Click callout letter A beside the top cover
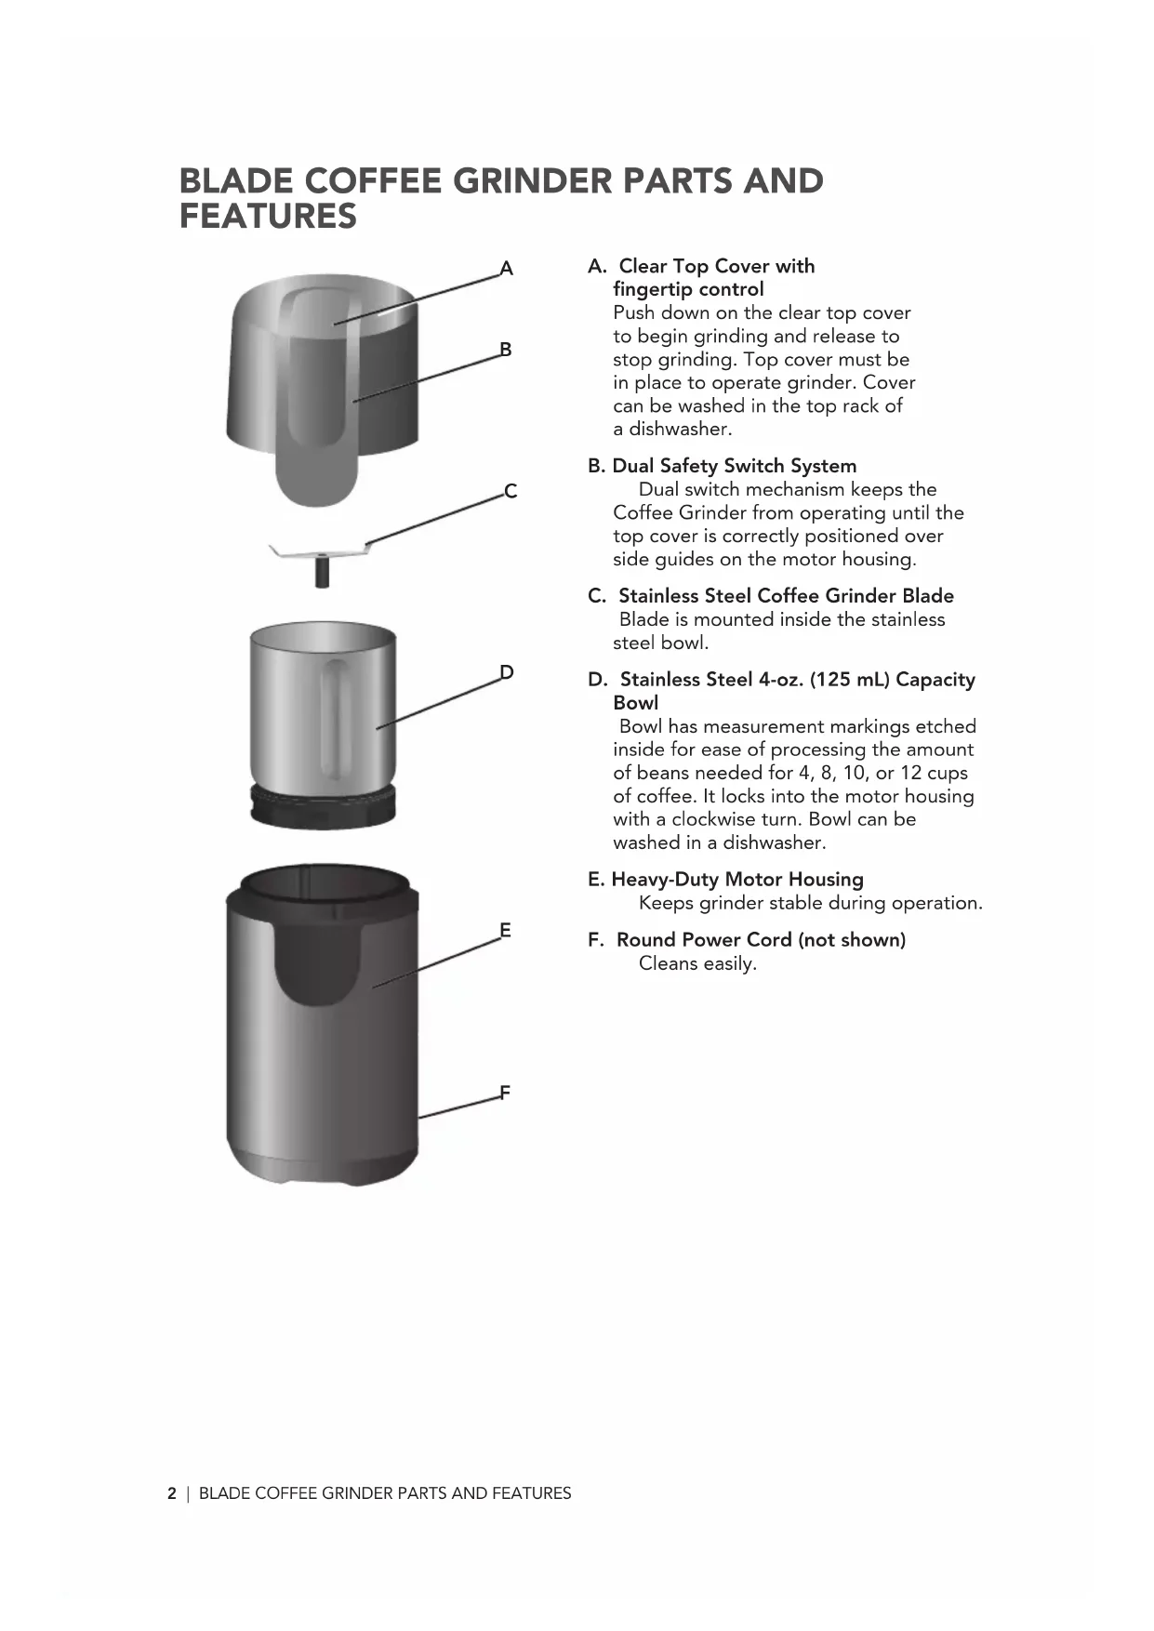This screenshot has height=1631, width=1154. [507, 269]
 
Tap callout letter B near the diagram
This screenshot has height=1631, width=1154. [506, 350]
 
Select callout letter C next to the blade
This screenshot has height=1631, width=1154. [510, 491]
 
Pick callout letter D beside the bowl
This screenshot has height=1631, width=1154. [507, 672]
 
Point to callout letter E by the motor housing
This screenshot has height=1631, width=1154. [505, 930]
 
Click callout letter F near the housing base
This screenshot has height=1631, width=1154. [505, 1093]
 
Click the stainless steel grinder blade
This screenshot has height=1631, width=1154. [320, 553]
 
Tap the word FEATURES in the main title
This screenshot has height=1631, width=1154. [268, 217]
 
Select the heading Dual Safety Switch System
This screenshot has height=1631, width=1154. [734, 466]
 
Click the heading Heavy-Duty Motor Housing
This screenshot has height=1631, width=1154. [736, 880]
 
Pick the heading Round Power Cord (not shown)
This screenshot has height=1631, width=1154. [761, 940]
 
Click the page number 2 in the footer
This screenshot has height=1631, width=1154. [172, 1493]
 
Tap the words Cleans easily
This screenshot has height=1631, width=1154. [697, 963]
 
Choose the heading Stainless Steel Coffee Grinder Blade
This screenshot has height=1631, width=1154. [786, 596]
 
